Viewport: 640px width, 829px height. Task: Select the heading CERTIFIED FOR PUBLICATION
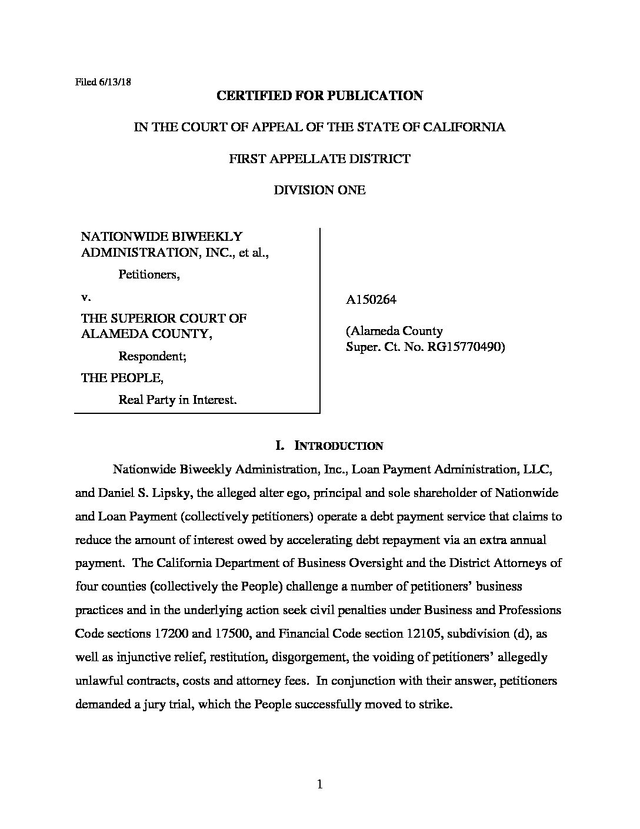click(x=319, y=96)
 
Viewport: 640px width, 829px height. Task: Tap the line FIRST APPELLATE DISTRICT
click(x=319, y=159)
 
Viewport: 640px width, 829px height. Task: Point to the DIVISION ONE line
click(x=319, y=190)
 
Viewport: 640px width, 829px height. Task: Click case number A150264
click(x=371, y=299)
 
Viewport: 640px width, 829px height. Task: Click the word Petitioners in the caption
click(x=149, y=274)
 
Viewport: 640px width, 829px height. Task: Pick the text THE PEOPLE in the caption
click(x=122, y=378)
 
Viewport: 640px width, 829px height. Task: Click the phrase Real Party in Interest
click(x=178, y=400)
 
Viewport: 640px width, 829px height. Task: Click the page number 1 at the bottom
click(x=320, y=784)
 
